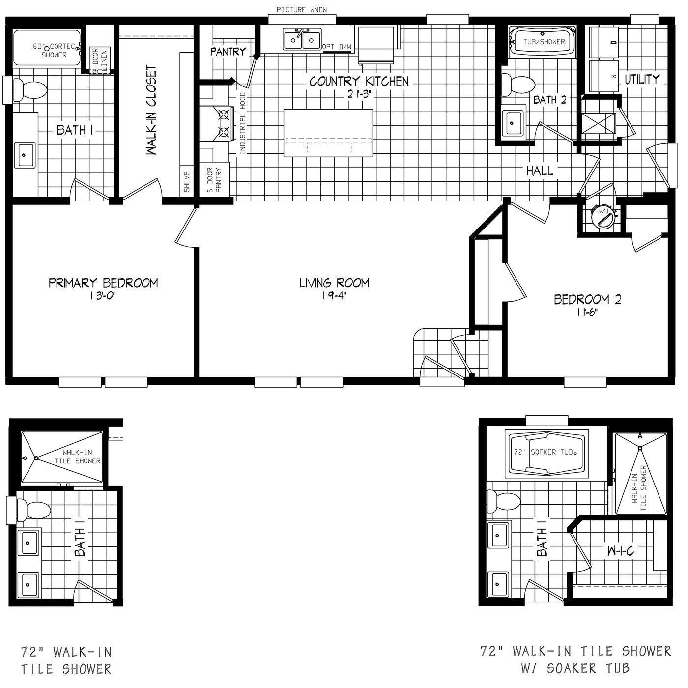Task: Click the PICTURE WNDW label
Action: [301, 10]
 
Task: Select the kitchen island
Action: [328, 133]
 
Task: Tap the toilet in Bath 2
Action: [517, 85]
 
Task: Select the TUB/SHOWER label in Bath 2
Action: [544, 42]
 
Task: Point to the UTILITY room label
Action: [642, 79]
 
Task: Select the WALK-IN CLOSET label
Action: [151, 110]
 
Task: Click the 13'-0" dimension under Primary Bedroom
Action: [103, 296]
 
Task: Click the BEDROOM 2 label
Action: [587, 299]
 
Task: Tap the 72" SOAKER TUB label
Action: [544, 452]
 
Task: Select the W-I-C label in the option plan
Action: [620, 551]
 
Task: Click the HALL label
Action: [540, 171]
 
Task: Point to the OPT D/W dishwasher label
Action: [337, 47]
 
